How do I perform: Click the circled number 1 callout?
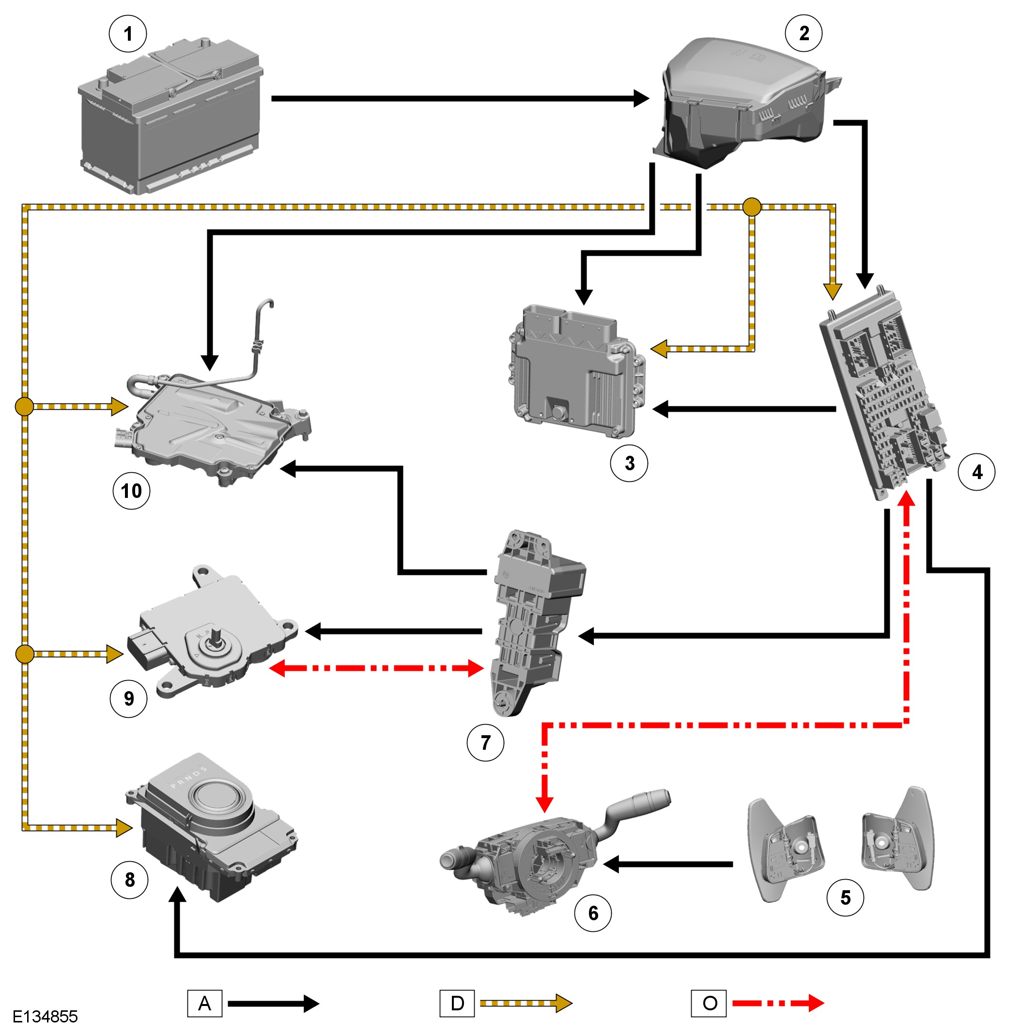pyautogui.click(x=128, y=34)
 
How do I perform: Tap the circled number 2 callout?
pyautogui.click(x=803, y=33)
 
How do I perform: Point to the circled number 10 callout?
pyautogui.click(x=131, y=491)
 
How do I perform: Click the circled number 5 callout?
pyautogui.click(x=845, y=897)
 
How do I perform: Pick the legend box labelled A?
pyautogui.click(x=204, y=1003)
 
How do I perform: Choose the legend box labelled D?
pyautogui.click(x=457, y=1003)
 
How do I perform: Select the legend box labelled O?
pyautogui.click(x=709, y=1003)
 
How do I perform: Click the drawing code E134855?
pyautogui.click(x=46, y=1016)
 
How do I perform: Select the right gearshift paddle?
pyautogui.click(x=899, y=839)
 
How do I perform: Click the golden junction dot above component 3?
pyautogui.click(x=752, y=207)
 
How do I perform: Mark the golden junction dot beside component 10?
pyautogui.click(x=24, y=406)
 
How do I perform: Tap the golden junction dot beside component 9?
pyautogui.click(x=25, y=654)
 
